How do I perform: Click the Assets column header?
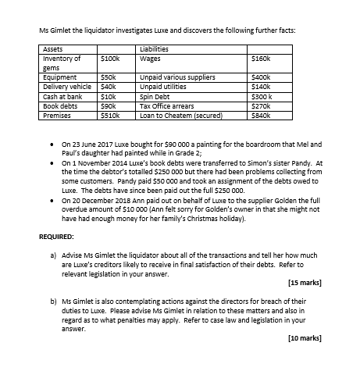pos(52,49)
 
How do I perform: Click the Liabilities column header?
pos(155,49)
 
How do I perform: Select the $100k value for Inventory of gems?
pos(111,58)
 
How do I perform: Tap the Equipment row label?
pos(60,78)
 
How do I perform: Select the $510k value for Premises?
pos(112,113)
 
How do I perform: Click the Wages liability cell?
pos(150,58)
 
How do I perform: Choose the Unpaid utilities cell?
pos(164,87)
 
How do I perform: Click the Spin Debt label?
pos(155,95)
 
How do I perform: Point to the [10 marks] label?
pos(304,339)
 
